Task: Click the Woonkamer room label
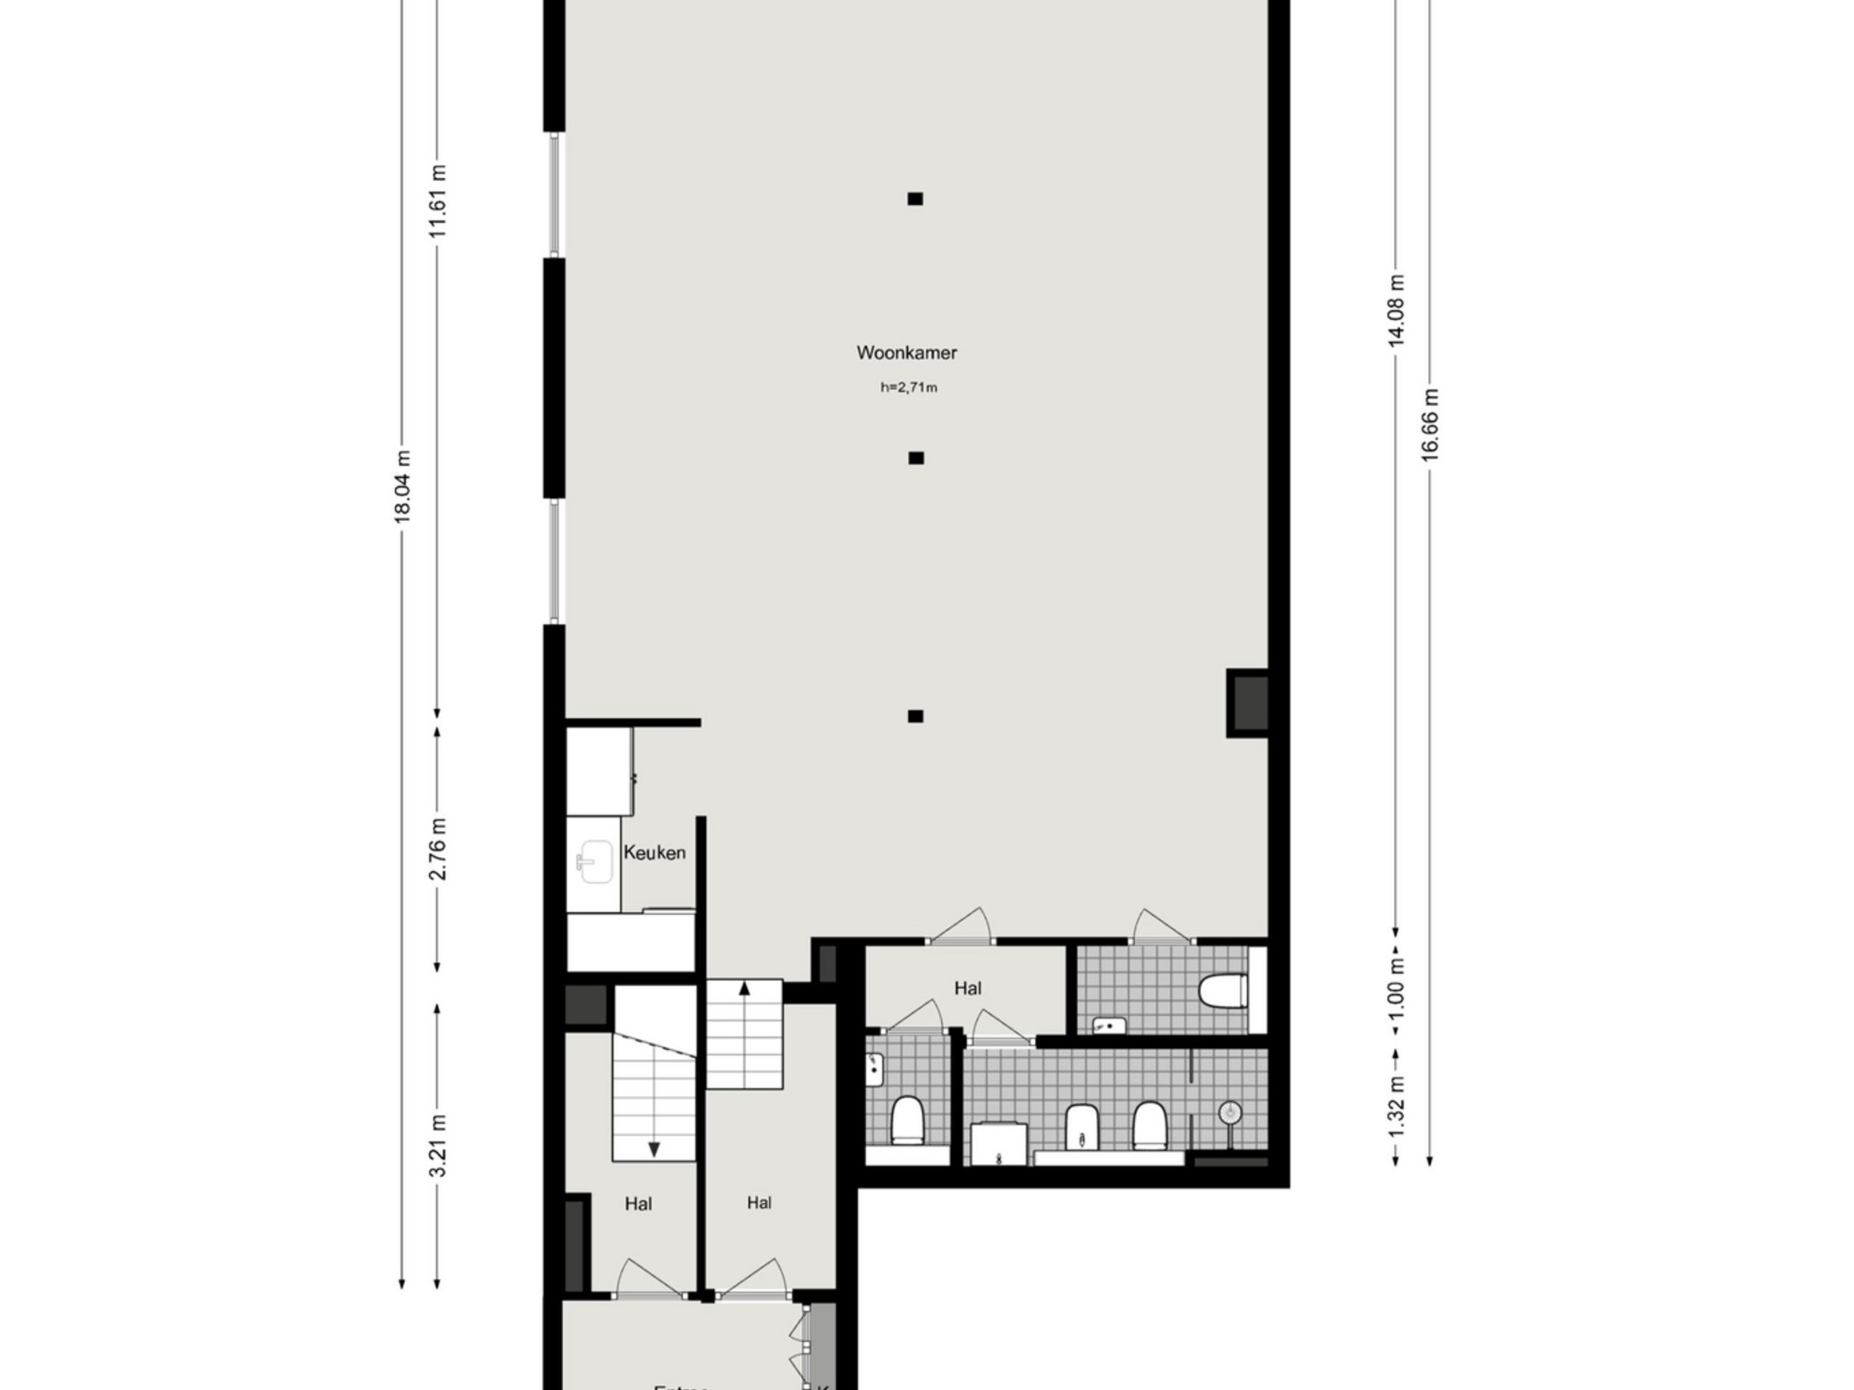coord(906,353)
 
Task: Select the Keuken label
coord(655,853)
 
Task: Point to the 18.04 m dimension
coord(403,486)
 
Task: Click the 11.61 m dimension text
coord(437,201)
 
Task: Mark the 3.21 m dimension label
coord(437,1146)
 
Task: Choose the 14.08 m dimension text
coord(1396,310)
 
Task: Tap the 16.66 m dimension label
coord(1430,424)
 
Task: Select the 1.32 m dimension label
coord(1396,1106)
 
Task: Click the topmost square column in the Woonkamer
coord(915,198)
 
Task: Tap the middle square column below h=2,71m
coord(916,458)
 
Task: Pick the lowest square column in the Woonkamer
coord(915,715)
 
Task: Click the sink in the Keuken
coord(595,862)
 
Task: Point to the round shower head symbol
coord(1230,1113)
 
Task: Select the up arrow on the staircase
coord(744,990)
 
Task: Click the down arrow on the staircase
coord(654,1149)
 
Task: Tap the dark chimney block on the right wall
coord(1249,703)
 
